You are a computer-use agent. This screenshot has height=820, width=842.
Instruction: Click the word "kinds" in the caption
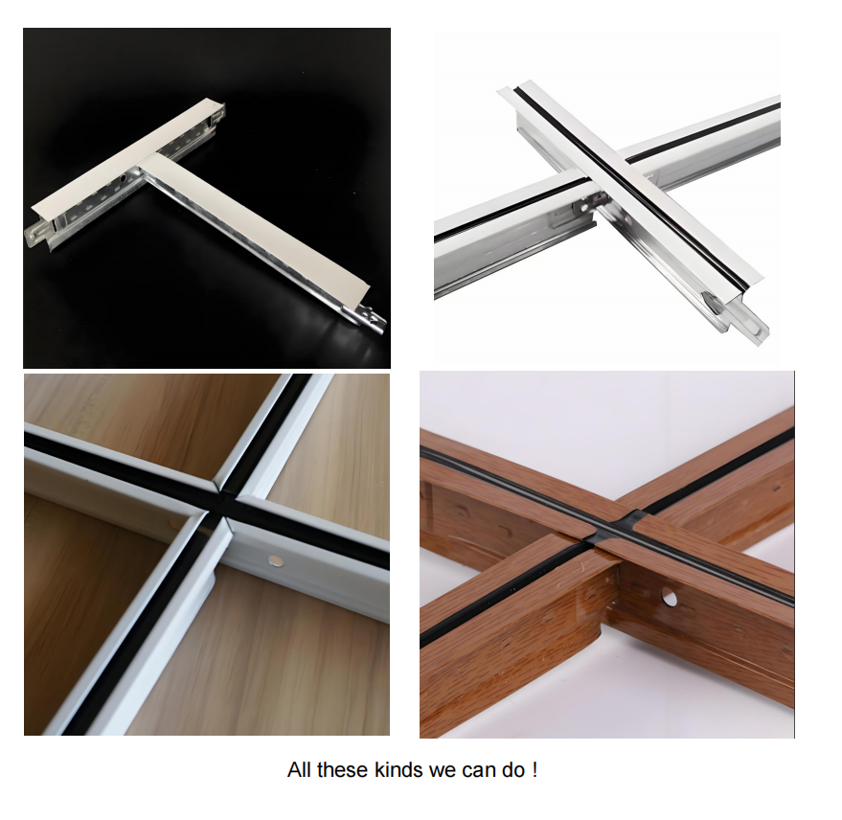(x=398, y=769)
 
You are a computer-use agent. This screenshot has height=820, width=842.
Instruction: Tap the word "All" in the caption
(x=299, y=769)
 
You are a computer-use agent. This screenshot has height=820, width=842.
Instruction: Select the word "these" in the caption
(x=343, y=769)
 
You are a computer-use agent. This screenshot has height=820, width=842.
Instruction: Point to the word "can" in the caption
(x=480, y=770)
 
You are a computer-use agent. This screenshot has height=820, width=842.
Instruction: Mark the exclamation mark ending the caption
(x=535, y=769)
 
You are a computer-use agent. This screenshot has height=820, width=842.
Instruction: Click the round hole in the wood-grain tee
(x=669, y=596)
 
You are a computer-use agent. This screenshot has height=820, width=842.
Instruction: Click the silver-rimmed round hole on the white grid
(x=276, y=560)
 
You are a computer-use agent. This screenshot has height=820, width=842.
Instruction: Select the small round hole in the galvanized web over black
(x=123, y=178)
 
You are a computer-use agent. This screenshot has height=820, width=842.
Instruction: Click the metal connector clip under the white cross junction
(x=590, y=205)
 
